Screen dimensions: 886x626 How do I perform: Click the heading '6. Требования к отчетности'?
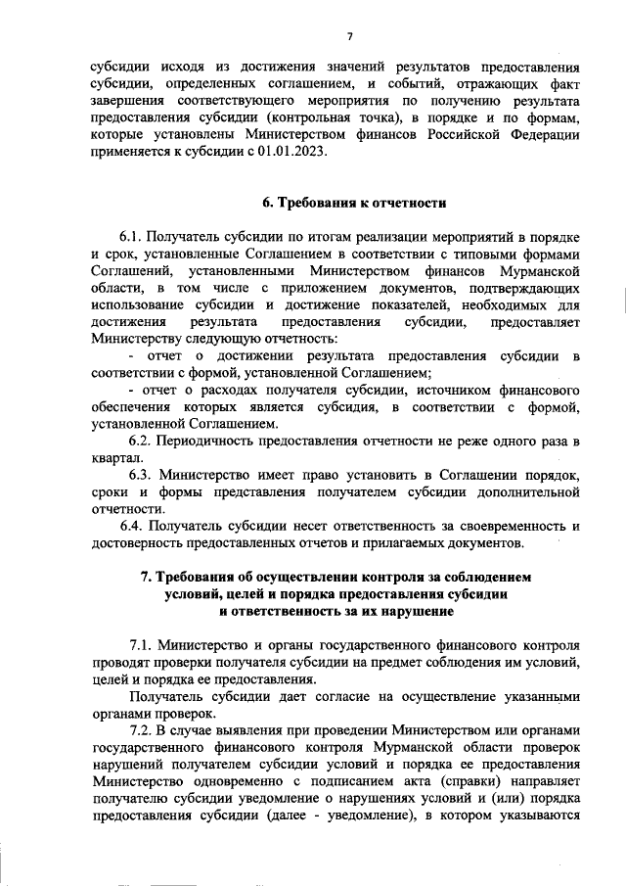point(354,203)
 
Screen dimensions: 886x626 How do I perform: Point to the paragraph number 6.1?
point(134,238)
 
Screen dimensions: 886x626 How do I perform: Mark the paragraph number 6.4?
point(135,527)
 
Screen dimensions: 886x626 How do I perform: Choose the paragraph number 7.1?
point(145,646)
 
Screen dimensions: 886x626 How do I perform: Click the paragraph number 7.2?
point(145,730)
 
